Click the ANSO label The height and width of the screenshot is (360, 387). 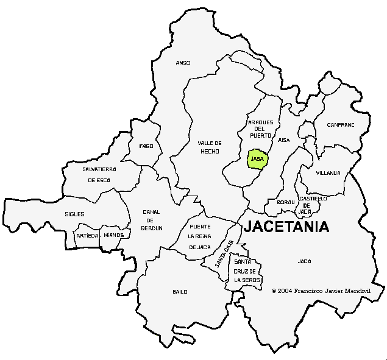[183, 63]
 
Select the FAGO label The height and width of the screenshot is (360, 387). [146, 146]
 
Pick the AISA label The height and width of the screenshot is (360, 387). [284, 140]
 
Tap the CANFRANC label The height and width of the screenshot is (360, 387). [340, 125]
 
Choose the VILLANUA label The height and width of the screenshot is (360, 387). [328, 173]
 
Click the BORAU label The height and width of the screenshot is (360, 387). [285, 202]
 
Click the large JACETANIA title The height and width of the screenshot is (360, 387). [286, 227]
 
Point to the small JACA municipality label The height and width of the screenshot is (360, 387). [304, 261]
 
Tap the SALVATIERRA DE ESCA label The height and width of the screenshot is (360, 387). [99, 174]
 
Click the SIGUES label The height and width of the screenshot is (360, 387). [74, 214]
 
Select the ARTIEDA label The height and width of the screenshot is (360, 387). [87, 235]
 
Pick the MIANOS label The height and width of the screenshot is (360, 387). [114, 235]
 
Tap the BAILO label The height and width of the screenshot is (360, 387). [180, 292]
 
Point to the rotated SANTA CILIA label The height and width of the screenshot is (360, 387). [224, 255]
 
